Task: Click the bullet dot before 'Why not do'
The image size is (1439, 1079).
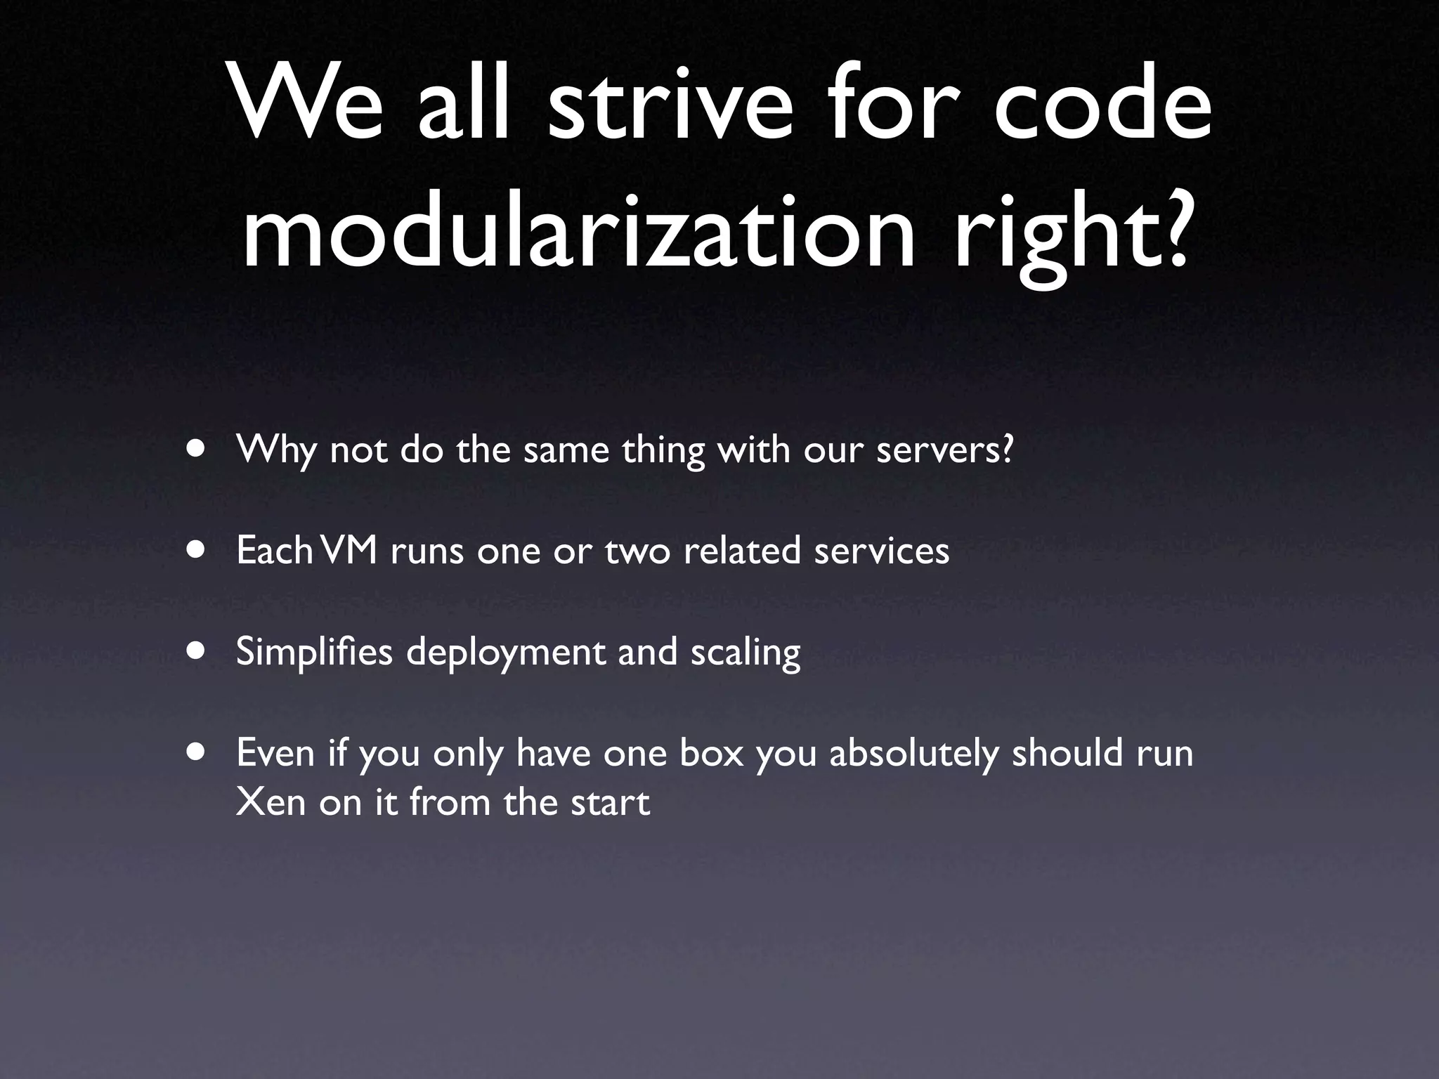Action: point(197,449)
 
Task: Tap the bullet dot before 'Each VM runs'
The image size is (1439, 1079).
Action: point(197,550)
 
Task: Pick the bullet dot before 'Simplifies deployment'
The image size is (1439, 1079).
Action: point(197,651)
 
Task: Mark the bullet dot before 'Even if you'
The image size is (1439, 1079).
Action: point(197,752)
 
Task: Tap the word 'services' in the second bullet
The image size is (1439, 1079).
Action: point(882,551)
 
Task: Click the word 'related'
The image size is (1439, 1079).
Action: point(742,550)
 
